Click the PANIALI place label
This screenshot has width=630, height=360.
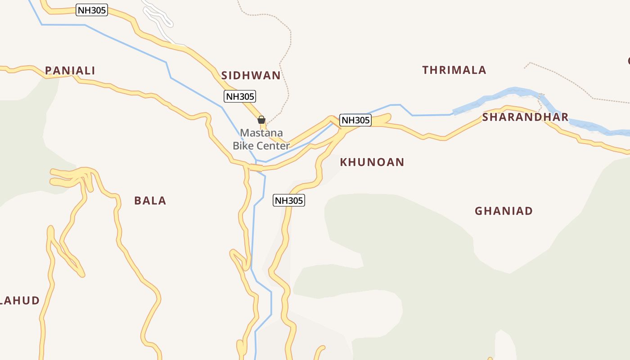pyautogui.click(x=70, y=71)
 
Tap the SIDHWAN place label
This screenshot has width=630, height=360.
pyautogui.click(x=251, y=75)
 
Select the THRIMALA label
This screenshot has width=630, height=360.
pyautogui.click(x=454, y=70)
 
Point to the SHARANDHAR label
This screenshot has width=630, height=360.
pyautogui.click(x=525, y=117)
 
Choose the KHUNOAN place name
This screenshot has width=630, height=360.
pyautogui.click(x=372, y=162)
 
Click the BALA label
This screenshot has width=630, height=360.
pyautogui.click(x=150, y=201)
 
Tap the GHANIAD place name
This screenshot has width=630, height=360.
pyautogui.click(x=504, y=211)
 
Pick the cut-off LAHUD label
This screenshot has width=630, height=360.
pyautogui.click(x=20, y=301)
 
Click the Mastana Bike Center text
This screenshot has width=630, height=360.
pyautogui.click(x=261, y=139)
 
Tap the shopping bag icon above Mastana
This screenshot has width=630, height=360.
pyautogui.click(x=261, y=120)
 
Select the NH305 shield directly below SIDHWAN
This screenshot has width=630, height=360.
pyautogui.click(x=240, y=96)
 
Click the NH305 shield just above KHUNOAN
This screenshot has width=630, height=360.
pyautogui.click(x=355, y=120)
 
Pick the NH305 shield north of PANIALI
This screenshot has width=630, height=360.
pyautogui.click(x=92, y=10)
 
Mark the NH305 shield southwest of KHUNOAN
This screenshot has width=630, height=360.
pyautogui.click(x=288, y=201)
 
